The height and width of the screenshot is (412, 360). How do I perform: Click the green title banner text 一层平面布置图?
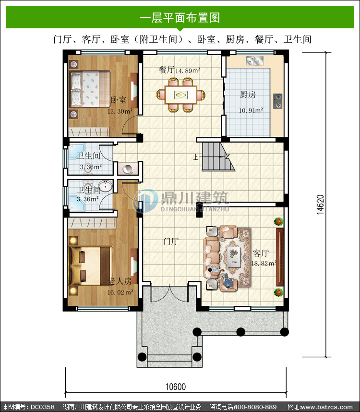(x=180, y=18)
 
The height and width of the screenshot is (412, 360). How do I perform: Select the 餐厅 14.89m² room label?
(x=180, y=70)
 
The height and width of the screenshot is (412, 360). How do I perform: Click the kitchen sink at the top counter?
(x=255, y=61)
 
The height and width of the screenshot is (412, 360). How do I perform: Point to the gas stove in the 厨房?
(x=277, y=101)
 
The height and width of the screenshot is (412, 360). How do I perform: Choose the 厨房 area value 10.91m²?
(x=251, y=110)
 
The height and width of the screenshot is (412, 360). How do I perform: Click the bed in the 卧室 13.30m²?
(x=90, y=89)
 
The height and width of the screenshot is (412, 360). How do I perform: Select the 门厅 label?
(x=171, y=241)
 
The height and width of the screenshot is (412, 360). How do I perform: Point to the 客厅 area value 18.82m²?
(x=264, y=263)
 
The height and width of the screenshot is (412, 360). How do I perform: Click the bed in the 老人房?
(x=90, y=266)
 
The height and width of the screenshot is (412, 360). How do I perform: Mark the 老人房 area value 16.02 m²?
(x=120, y=292)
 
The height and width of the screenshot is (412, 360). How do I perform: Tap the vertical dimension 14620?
(x=320, y=205)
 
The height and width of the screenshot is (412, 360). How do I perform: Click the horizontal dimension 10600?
(x=175, y=387)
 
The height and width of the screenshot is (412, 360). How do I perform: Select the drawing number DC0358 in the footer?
(x=43, y=407)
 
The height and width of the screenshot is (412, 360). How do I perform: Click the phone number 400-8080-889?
(x=255, y=407)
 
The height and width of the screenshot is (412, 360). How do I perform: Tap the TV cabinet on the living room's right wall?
(x=280, y=257)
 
